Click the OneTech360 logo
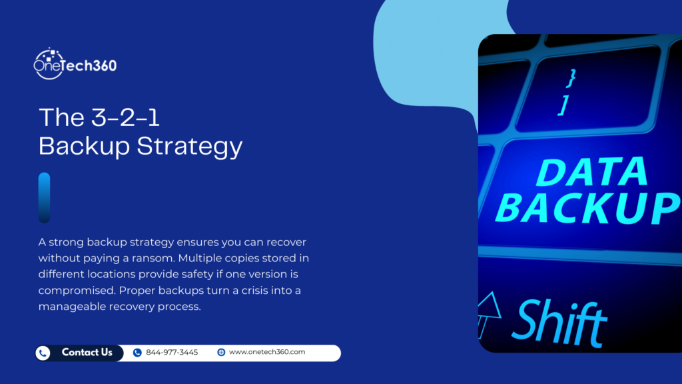click(75, 64)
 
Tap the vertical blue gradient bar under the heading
click(44, 197)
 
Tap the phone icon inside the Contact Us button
click(44, 353)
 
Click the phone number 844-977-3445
click(172, 353)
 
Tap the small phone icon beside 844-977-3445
click(137, 353)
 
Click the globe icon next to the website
click(221, 353)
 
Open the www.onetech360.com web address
click(266, 353)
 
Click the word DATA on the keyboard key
click(591, 173)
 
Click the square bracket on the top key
click(563, 105)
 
